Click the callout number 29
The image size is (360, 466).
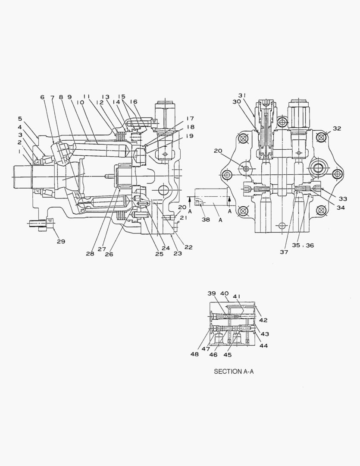(61, 241)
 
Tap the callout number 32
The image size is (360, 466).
(337, 128)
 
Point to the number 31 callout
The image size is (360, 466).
(242, 95)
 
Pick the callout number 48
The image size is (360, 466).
(195, 354)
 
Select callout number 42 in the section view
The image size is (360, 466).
(263, 320)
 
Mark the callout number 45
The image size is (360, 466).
(227, 355)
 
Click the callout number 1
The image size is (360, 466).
(19, 152)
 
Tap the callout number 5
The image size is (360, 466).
(20, 118)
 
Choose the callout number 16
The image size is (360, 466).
(133, 101)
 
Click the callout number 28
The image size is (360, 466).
(90, 254)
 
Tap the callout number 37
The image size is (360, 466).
(284, 252)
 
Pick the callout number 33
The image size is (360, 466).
(342, 199)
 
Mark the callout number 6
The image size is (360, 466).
(42, 98)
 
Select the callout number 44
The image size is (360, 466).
(263, 346)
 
